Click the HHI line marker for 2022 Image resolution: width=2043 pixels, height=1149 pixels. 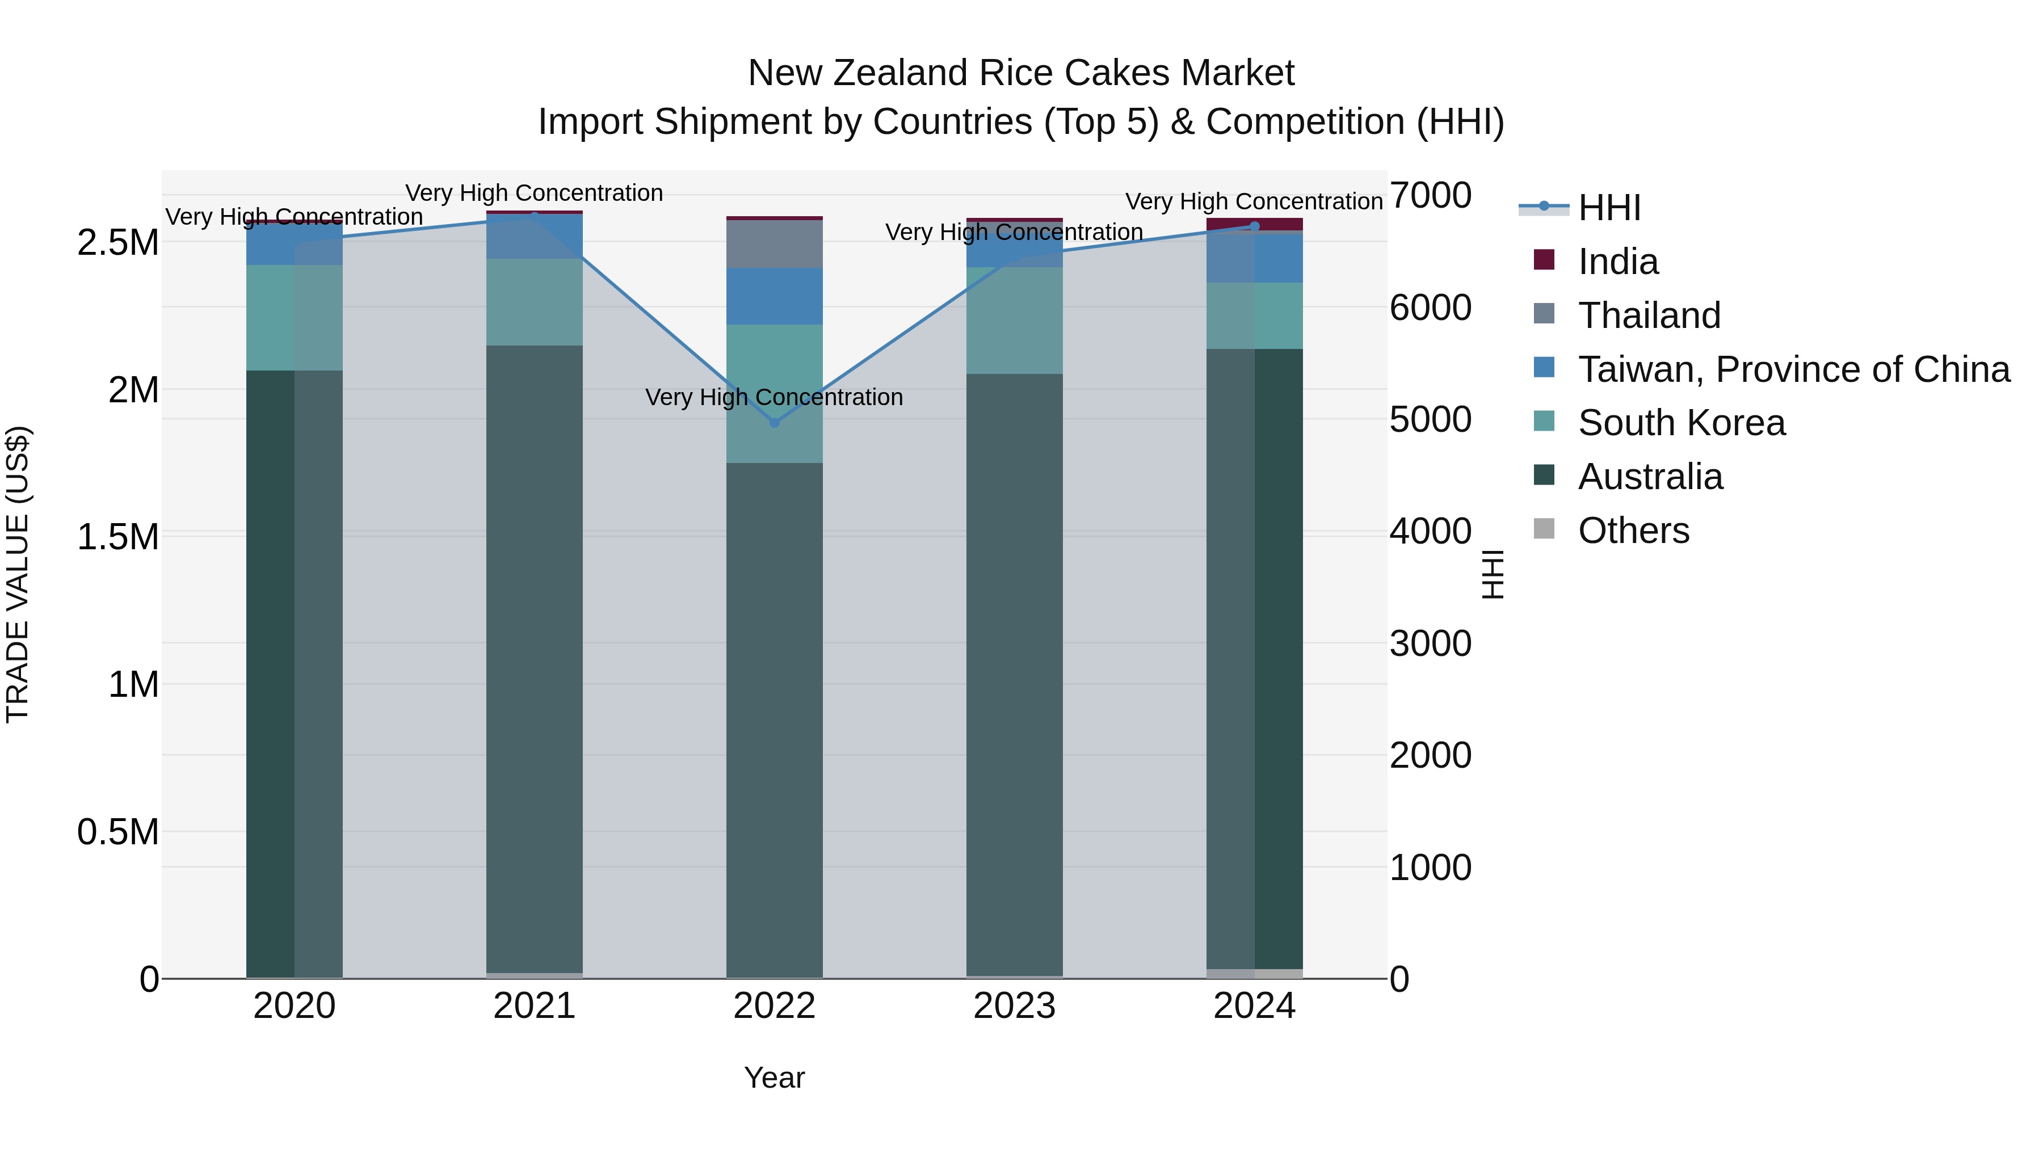775,423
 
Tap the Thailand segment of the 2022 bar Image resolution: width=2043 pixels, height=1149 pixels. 775,244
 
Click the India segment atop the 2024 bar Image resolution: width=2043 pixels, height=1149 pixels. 1255,224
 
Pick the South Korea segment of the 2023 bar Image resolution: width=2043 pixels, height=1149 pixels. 1014,321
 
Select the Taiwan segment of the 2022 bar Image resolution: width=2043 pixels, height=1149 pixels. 775,296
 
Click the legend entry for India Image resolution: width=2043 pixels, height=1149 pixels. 1618,262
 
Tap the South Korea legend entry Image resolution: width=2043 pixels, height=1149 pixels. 1682,423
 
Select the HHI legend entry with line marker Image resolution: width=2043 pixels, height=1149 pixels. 1609,208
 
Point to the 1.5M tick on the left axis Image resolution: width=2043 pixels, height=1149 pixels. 118,537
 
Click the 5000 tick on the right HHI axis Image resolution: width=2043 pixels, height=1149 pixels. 1430,419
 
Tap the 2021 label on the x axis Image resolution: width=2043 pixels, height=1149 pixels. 535,1006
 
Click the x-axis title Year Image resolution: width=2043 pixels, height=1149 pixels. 774,1078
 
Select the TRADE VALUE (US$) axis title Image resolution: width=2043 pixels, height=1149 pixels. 18,574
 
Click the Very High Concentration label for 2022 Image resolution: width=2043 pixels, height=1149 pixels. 774,397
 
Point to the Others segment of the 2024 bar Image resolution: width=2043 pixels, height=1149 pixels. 1255,973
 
